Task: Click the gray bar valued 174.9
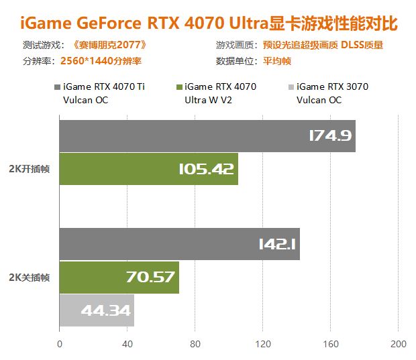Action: click(x=207, y=136)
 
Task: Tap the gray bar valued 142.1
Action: click(x=179, y=244)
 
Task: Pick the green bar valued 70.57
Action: click(x=119, y=277)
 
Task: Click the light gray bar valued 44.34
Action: click(x=97, y=310)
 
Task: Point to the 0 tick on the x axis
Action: click(x=60, y=345)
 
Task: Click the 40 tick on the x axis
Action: click(x=127, y=345)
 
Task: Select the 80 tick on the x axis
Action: click(x=195, y=345)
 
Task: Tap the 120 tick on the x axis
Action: click(x=263, y=345)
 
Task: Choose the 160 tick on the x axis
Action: click(x=331, y=345)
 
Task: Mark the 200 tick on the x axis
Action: click(x=398, y=345)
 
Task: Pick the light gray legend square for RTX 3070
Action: click(x=290, y=87)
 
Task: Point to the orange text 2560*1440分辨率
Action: click(x=101, y=60)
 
